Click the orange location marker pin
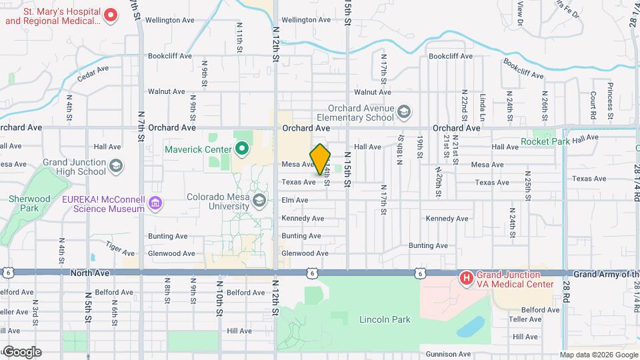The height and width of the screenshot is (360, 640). (x=321, y=159)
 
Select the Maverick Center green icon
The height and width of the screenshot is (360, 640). (x=241, y=148)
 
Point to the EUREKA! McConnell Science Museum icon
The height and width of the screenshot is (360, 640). (x=155, y=203)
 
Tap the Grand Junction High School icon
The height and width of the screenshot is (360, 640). (x=116, y=165)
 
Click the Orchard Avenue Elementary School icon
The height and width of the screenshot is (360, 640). (x=404, y=111)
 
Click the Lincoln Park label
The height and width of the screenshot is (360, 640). (x=385, y=320)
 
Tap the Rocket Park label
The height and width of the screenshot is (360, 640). (x=545, y=141)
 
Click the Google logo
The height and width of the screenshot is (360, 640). (x=21, y=352)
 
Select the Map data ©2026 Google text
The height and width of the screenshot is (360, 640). (x=597, y=355)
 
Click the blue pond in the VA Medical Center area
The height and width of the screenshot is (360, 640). (x=473, y=327)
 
